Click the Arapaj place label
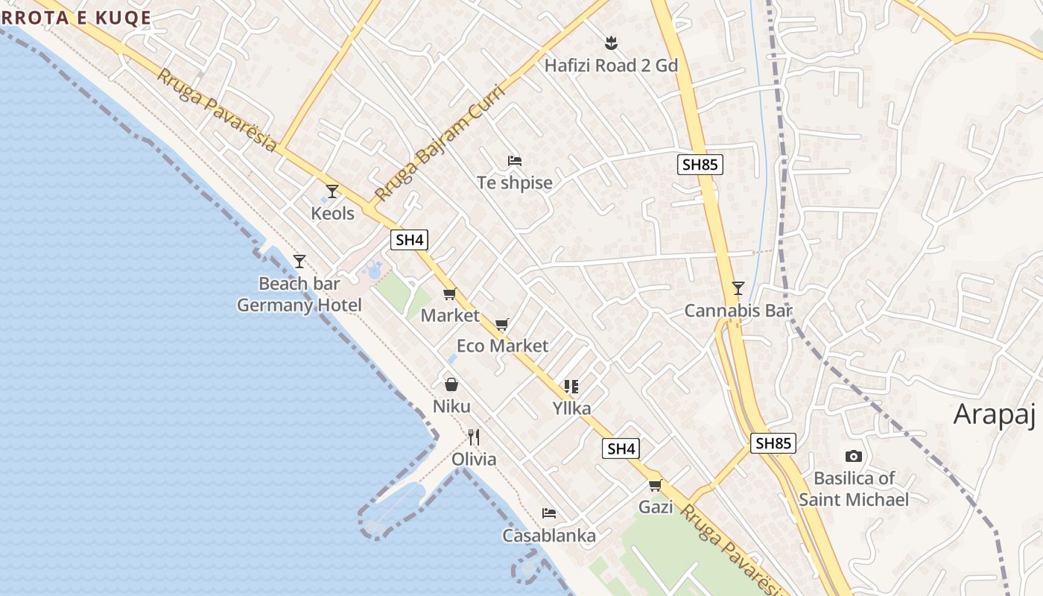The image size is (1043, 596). click(995, 414)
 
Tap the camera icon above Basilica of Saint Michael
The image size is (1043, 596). click(854, 456)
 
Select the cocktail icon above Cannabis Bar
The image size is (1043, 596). click(738, 288)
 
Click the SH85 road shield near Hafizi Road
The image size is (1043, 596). click(700, 165)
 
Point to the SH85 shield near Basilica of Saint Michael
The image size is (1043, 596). click(773, 443)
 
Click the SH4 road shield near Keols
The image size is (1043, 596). click(409, 240)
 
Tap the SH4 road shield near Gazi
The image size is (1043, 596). click(621, 448)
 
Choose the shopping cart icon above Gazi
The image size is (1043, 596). click(656, 486)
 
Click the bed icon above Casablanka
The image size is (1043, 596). click(549, 513)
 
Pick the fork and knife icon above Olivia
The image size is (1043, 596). click(474, 437)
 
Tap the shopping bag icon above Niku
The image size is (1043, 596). click(451, 384)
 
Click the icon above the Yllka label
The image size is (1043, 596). click(571, 386)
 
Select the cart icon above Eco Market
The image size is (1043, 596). click(502, 324)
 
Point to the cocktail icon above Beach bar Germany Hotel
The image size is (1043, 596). click(299, 261)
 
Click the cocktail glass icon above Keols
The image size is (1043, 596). click(332, 191)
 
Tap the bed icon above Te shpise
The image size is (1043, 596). click(514, 160)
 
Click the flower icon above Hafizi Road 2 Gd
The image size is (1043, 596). click(611, 43)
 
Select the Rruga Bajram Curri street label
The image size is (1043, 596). click(440, 144)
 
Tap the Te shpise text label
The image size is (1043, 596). click(515, 183)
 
